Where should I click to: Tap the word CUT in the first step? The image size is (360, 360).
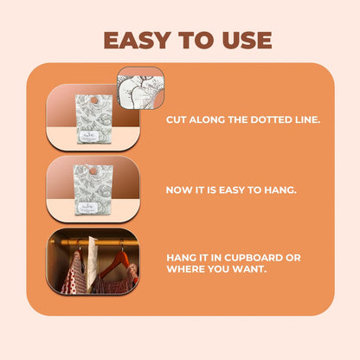(176, 119)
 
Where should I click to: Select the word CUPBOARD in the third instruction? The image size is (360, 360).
(254, 256)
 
